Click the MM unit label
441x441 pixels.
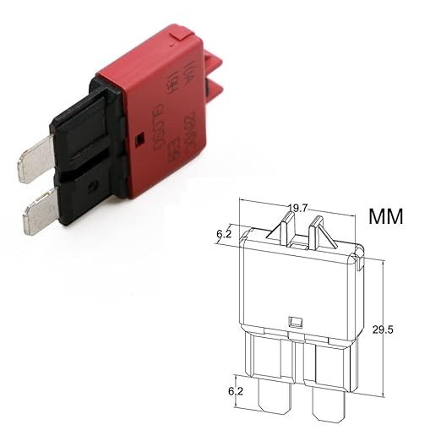387,215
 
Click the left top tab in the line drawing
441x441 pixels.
286,227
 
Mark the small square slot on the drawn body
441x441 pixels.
295,322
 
